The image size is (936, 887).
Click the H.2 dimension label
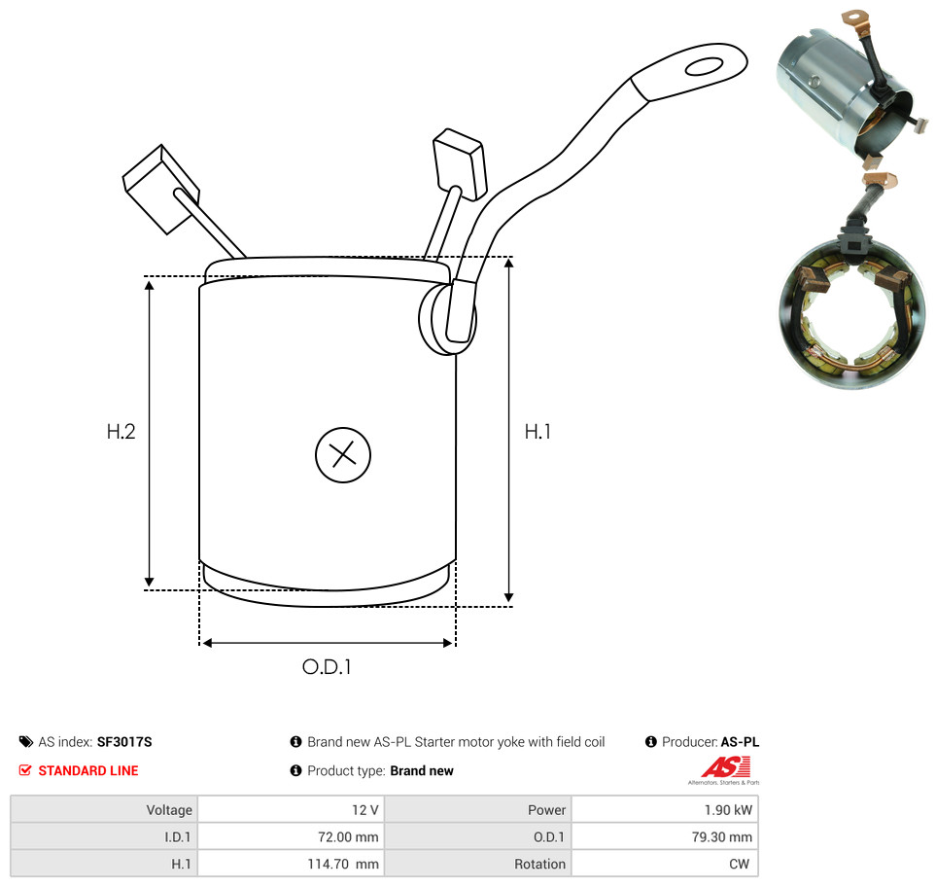(121, 431)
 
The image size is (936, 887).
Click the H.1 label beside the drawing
(537, 431)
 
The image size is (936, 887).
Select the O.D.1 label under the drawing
(327, 666)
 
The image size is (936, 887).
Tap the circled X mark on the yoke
(343, 455)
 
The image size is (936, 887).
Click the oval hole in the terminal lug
(705, 66)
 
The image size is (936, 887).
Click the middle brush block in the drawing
(460, 163)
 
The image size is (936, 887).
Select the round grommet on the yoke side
(446, 318)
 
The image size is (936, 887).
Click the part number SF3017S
(124, 742)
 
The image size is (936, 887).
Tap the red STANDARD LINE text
(88, 770)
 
